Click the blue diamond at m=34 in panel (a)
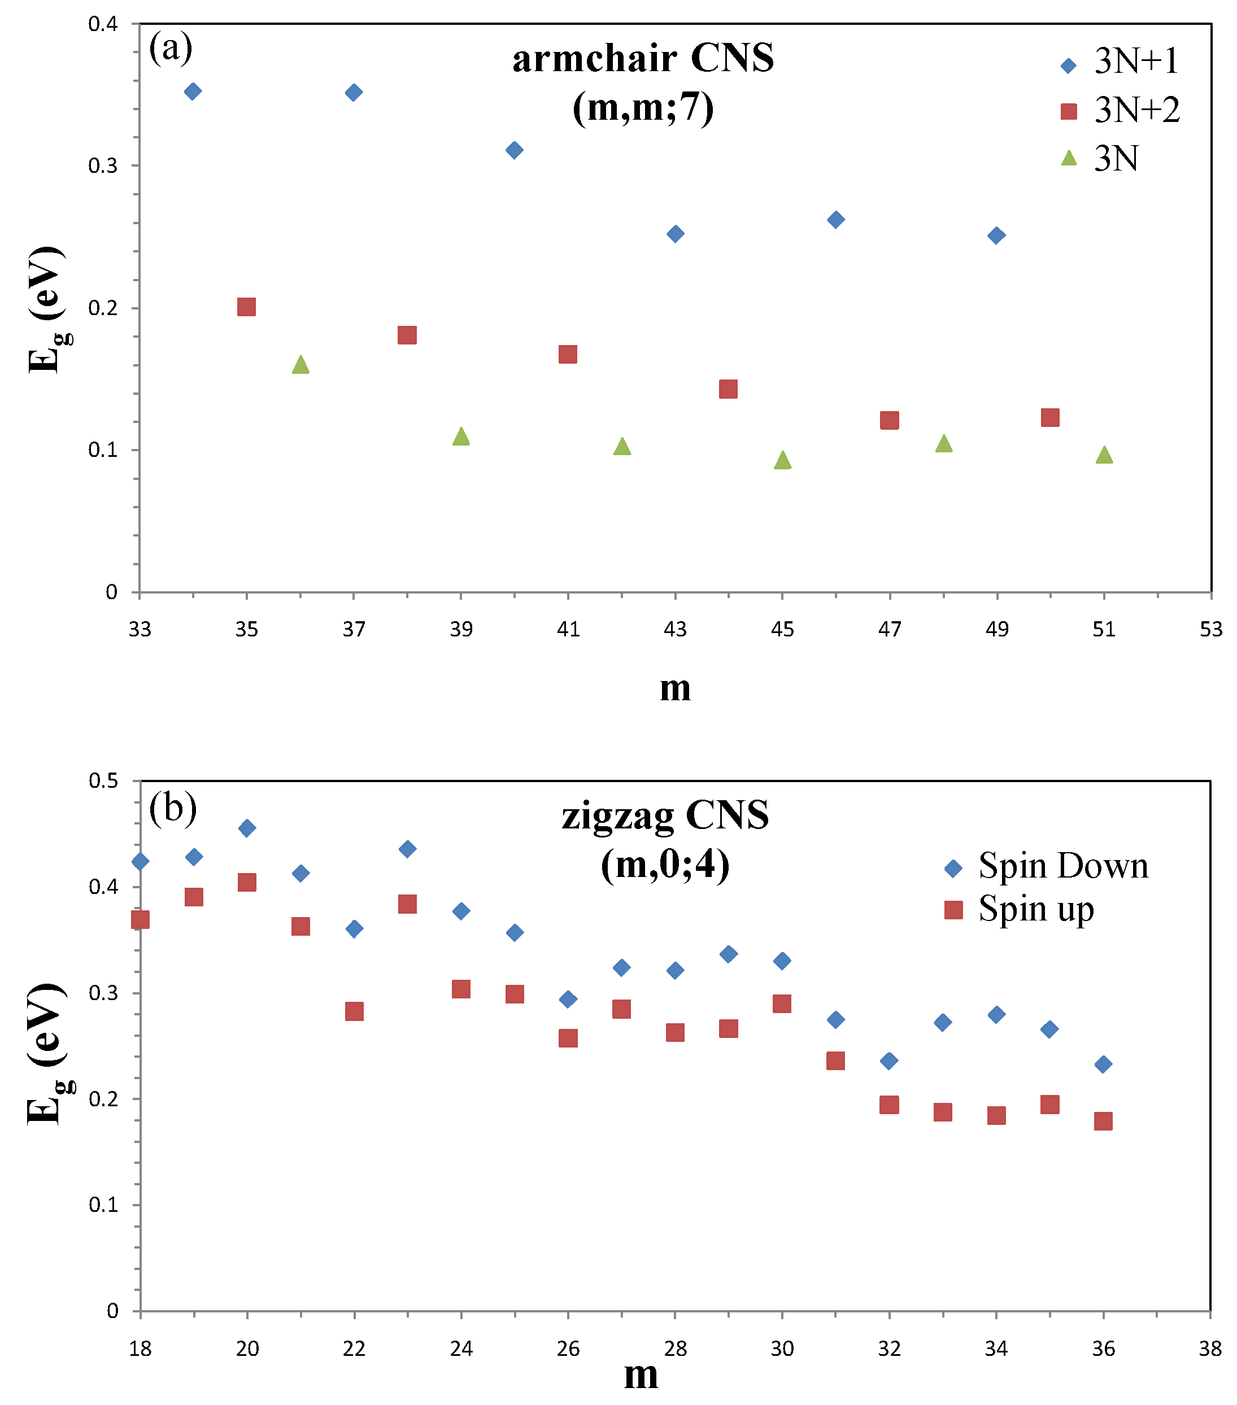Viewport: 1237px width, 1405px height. coord(193,91)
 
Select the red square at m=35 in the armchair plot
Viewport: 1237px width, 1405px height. coord(246,307)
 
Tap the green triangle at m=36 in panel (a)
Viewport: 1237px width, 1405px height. coord(300,364)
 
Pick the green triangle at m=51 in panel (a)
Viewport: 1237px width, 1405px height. coord(1104,455)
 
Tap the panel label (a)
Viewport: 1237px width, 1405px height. coord(171,48)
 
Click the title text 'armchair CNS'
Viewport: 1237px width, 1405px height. coord(643,58)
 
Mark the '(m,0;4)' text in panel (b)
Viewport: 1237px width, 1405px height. coord(665,864)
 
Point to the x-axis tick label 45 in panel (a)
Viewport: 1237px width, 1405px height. coord(782,629)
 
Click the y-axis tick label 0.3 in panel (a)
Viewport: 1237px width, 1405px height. coord(103,165)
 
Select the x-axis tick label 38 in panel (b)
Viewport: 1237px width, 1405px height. coord(1210,1349)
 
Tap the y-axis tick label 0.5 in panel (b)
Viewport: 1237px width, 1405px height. coord(103,781)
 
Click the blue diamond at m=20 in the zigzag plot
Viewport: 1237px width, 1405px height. coord(247,828)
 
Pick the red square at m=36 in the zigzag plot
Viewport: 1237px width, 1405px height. coord(1103,1121)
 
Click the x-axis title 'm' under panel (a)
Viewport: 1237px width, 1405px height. coord(674,688)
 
